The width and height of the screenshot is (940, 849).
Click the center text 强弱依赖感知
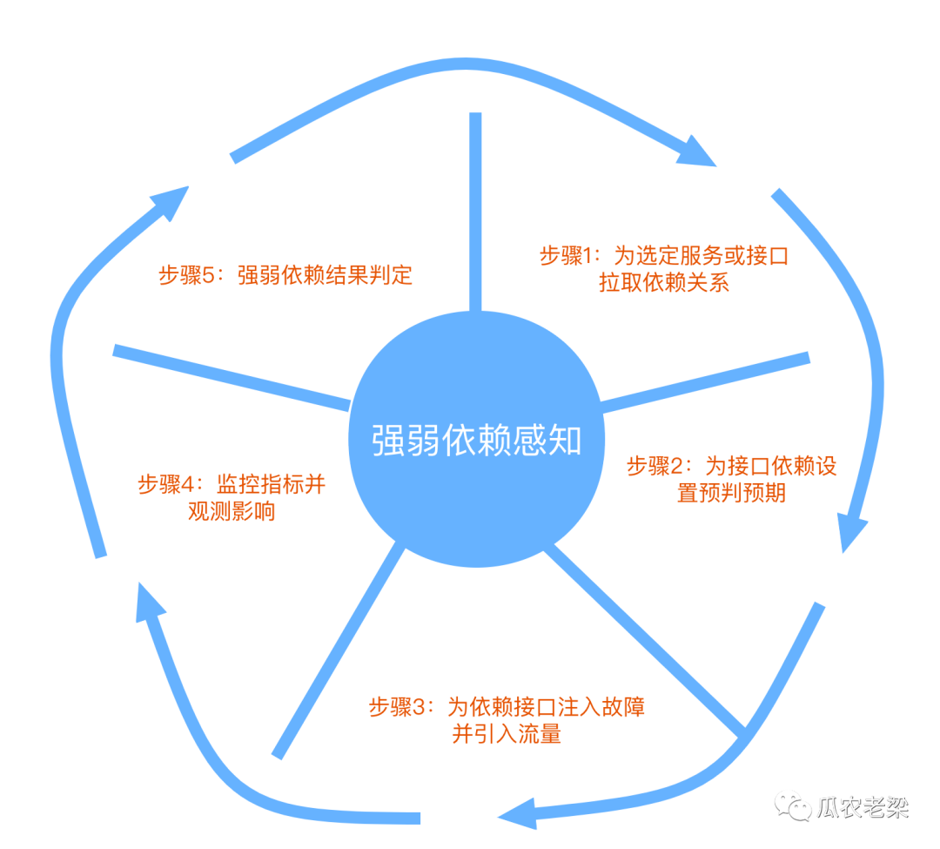pos(476,441)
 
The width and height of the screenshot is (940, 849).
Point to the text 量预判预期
pos(731,493)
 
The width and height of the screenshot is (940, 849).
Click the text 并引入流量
pos(506,734)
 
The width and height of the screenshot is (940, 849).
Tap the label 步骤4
pos(170,484)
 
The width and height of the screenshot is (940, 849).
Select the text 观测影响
pos(232,512)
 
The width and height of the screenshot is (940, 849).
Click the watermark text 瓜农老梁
pos(862,806)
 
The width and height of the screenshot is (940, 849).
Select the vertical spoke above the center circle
pos(475,209)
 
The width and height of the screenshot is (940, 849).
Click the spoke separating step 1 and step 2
pos(705,381)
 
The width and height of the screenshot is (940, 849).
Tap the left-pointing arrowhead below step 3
pos(518,813)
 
